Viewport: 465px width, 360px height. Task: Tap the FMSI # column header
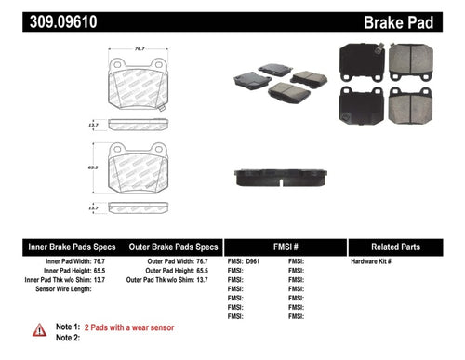(283, 248)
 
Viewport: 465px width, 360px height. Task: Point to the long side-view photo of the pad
(280, 176)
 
